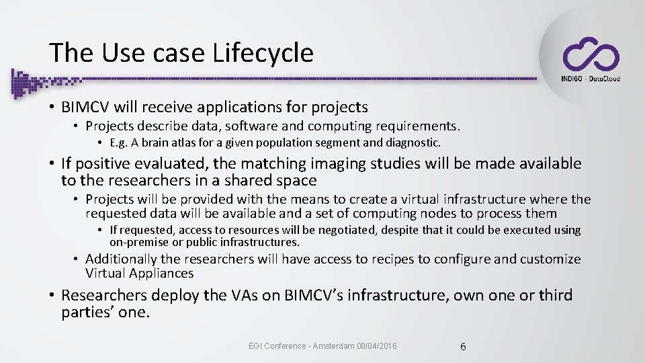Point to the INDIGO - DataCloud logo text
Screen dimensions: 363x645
pos(590,79)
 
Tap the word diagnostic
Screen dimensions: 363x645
pos(413,143)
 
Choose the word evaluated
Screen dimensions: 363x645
pos(170,163)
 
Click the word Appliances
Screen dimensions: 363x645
pos(161,273)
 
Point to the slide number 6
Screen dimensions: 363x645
pos(463,347)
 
